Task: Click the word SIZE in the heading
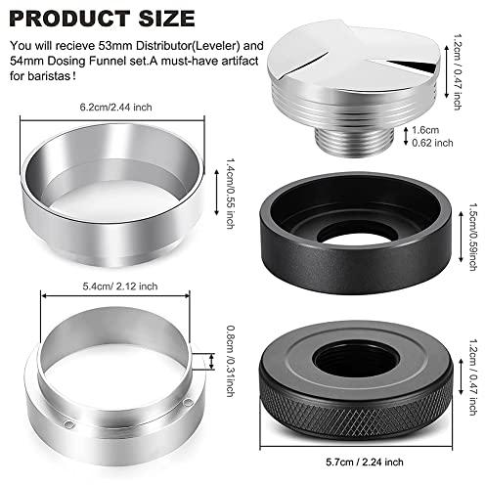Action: click(166, 19)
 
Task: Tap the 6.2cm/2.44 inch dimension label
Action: click(115, 108)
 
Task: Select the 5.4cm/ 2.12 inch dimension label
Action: click(120, 287)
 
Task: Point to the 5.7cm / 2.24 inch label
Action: click(365, 462)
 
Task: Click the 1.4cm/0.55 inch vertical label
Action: click(231, 194)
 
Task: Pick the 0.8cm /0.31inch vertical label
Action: click(231, 361)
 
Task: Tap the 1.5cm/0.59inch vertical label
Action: click(473, 237)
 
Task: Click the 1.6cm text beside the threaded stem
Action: click(425, 130)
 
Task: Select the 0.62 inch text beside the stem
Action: click(432, 143)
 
